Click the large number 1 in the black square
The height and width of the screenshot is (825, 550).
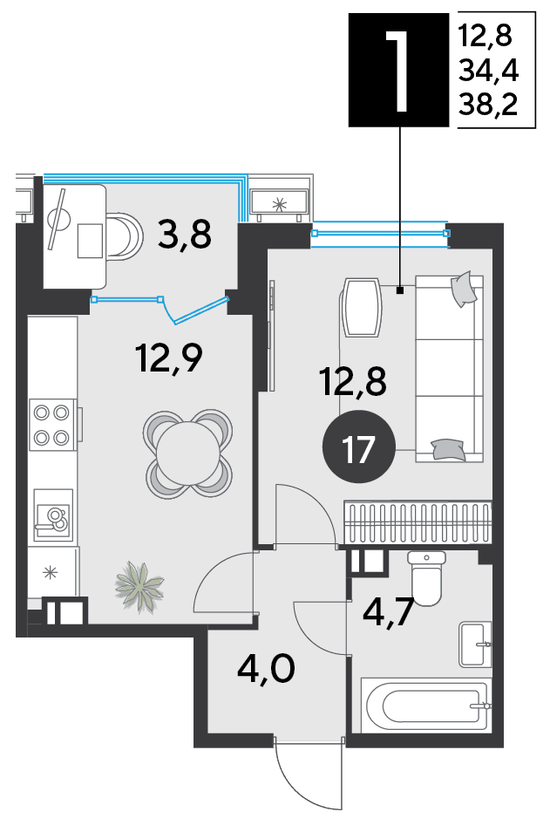click(398, 70)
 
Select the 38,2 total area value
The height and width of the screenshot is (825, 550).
click(488, 104)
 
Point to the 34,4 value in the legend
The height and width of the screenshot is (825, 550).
click(488, 70)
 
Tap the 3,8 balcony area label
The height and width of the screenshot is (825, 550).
click(185, 235)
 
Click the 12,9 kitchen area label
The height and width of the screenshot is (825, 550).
click(169, 358)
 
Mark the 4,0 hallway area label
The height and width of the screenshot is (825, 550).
click(266, 669)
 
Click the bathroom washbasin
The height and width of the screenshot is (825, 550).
click(475, 644)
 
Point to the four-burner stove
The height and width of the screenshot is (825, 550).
click(52, 425)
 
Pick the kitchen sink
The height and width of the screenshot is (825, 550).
click(52, 515)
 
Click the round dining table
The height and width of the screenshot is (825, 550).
click(187, 454)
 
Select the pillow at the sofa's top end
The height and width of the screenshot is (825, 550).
click(464, 289)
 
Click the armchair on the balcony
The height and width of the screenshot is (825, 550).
click(124, 235)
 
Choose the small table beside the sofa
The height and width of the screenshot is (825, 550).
click(362, 308)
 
